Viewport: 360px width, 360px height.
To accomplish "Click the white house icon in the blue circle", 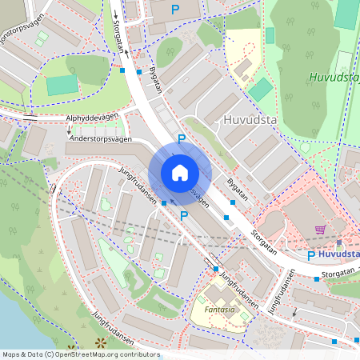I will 179,173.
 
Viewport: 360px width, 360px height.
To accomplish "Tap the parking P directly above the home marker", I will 182,139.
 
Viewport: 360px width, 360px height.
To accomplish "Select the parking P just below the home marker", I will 184,215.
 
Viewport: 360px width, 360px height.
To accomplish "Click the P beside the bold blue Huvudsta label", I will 311,255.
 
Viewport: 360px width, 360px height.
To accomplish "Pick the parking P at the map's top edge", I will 175,8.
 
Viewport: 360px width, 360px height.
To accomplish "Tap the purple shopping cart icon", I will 320,230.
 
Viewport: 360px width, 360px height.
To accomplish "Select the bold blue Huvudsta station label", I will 338,255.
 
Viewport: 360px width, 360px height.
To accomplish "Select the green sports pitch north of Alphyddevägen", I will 62,86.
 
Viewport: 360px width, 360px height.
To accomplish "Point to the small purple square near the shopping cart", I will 338,241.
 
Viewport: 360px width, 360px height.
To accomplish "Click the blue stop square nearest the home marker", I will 164,203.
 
